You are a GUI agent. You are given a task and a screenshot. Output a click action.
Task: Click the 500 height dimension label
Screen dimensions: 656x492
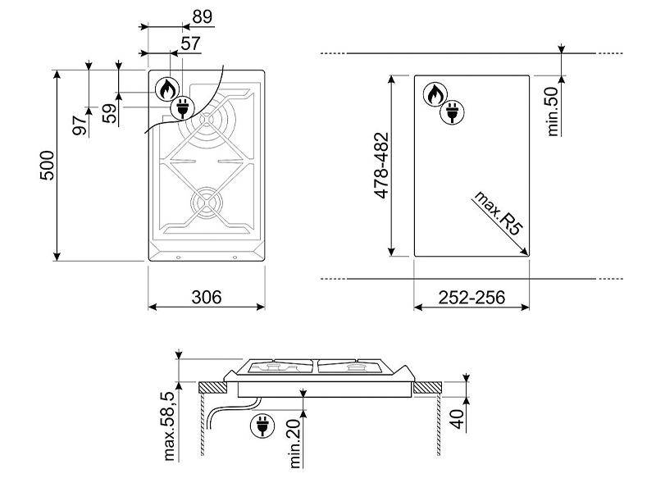[x=48, y=166]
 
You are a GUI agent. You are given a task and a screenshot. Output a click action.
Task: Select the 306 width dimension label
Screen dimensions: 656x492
[x=207, y=297]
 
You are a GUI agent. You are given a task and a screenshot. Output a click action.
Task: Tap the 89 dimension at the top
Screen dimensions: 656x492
[x=203, y=16]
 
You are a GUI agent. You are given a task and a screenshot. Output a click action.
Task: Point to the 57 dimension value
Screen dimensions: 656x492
[x=191, y=43]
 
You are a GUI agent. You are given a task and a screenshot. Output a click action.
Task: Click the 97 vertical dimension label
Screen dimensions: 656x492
[x=80, y=125]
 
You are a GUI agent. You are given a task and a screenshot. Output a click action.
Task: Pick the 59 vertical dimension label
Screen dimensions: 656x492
[x=110, y=113]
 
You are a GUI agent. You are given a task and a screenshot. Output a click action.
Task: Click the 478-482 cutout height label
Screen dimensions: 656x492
[x=381, y=166]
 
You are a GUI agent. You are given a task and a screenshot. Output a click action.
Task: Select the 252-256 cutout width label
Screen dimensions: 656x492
[x=471, y=298]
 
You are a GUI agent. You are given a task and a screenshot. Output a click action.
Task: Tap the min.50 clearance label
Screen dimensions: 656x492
[x=553, y=112]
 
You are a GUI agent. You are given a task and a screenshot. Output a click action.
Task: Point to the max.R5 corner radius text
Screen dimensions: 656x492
[x=498, y=213]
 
